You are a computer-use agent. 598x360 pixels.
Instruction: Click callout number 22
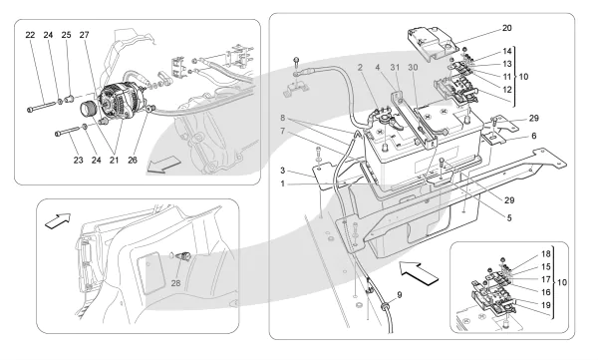click(30, 35)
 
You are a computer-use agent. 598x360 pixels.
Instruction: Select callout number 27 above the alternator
click(85, 35)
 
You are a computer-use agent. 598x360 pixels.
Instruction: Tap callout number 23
click(78, 161)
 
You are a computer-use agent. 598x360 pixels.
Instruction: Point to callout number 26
click(133, 161)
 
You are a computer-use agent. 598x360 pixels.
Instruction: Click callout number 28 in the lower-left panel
click(175, 283)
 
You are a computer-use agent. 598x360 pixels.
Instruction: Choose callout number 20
click(507, 28)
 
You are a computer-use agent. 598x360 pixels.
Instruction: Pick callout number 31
click(395, 68)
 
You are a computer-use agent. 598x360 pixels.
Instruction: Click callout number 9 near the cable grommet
click(400, 295)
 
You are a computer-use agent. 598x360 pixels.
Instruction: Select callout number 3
click(283, 171)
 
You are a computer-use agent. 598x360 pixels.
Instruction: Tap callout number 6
click(533, 136)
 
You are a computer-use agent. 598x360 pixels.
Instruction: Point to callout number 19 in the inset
click(546, 305)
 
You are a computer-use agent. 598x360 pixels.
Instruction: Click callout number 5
click(509, 218)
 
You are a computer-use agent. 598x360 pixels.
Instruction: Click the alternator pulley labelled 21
click(89, 109)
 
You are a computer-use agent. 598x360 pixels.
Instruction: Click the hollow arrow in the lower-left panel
click(58, 221)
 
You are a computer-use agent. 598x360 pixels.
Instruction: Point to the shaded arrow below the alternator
click(163, 165)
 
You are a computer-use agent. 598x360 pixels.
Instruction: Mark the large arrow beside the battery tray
click(420, 272)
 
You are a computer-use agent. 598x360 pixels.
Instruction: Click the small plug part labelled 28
click(184, 256)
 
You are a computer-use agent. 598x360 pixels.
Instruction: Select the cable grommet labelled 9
click(385, 305)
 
